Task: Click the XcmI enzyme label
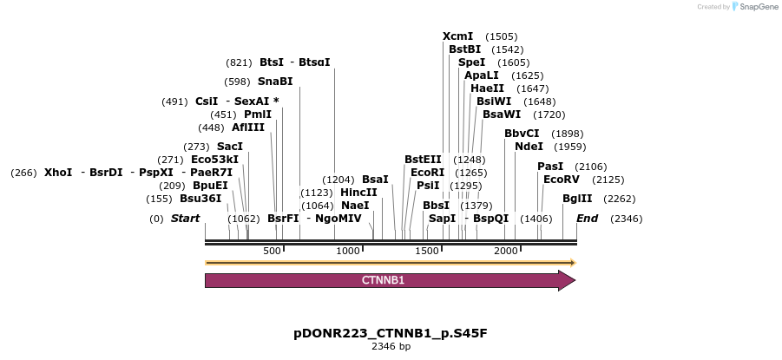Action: coord(457,36)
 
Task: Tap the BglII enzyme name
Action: coord(577,199)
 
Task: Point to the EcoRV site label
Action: coord(561,180)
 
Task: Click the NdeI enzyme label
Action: coord(529,147)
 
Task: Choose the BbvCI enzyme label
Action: coord(522,134)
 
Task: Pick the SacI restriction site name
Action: coord(230,147)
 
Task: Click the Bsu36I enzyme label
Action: coord(200,199)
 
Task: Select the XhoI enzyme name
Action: coord(58,173)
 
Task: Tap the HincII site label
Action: coord(358,193)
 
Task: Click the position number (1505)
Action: coord(502,36)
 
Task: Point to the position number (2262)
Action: coord(620,199)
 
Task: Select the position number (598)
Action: coord(237,82)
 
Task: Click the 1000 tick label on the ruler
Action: coord(348,251)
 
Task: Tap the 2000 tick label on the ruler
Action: coord(505,251)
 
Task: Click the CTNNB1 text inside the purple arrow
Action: coord(383,280)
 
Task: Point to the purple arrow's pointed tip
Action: coord(574,280)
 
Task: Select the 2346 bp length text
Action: coord(391,346)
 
